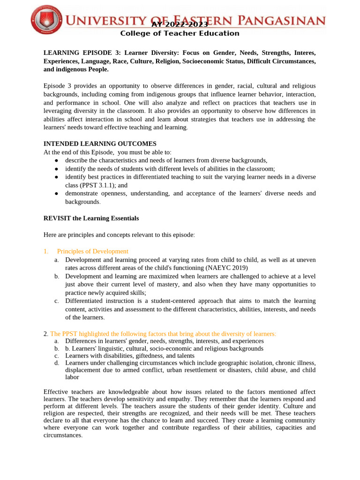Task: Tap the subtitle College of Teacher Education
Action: coord(180,33)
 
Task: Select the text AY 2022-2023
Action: coord(180,24)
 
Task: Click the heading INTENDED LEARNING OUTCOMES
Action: coord(100,144)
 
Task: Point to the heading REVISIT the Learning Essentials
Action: coord(91,218)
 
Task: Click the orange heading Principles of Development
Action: coord(92,251)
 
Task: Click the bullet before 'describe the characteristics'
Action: coord(56,161)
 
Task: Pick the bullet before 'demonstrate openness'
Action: coord(56,194)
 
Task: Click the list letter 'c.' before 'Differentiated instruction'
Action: coord(56,301)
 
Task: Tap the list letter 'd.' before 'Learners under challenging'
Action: coord(56,363)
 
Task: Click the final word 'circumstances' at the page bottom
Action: coord(62,435)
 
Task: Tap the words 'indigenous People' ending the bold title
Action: coord(82,69)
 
